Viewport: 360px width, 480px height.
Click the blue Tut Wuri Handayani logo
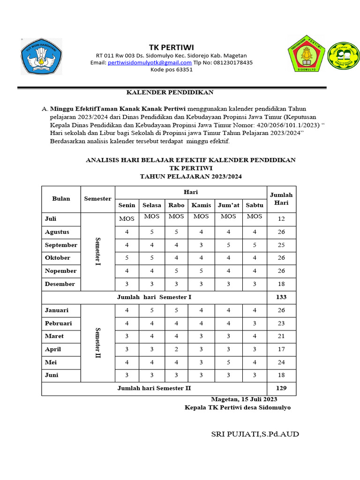[41, 56]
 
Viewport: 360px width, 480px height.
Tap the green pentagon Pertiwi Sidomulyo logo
[307, 53]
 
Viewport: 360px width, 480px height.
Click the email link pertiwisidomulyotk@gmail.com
[150, 62]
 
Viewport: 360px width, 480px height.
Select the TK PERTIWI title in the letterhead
[171, 47]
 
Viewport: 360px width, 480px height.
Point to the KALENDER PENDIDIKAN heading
[171, 92]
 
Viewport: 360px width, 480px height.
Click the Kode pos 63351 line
[171, 69]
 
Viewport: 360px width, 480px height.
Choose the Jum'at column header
[228, 205]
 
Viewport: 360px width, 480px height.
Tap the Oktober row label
[58, 258]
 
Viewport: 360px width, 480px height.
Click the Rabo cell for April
[176, 349]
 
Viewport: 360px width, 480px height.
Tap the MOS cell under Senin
[127, 219]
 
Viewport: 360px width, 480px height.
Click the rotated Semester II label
[98, 343]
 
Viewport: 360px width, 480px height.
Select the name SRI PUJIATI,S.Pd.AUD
[255, 434]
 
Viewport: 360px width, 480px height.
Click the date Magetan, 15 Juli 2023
[244, 399]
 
